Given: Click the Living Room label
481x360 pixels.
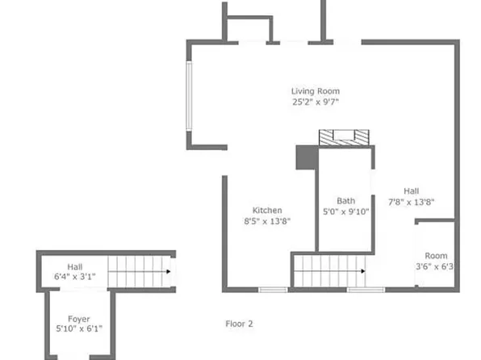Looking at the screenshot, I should pyautogui.click(x=316, y=91).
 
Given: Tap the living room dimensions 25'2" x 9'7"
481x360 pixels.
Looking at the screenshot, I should pyautogui.click(x=316, y=103).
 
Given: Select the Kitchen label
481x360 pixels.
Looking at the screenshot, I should pyautogui.click(x=266, y=210).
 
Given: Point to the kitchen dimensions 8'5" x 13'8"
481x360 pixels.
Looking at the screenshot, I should pyautogui.click(x=267, y=220).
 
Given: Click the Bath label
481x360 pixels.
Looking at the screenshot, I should pyautogui.click(x=345, y=201).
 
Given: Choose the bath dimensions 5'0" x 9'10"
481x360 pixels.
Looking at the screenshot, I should pyautogui.click(x=345, y=211).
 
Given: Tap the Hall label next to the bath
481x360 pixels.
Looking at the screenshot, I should pyautogui.click(x=412, y=191).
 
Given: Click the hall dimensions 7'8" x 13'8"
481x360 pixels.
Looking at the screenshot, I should pyautogui.click(x=412, y=202).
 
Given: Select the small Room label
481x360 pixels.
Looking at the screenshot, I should pyautogui.click(x=436, y=255).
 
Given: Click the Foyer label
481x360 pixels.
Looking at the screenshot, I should pyautogui.click(x=78, y=319).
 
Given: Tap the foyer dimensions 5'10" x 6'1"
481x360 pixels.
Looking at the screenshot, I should pyautogui.click(x=78, y=329).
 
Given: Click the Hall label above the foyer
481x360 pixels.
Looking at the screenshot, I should pyautogui.click(x=74, y=266).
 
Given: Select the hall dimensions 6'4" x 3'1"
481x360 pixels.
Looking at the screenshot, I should pyautogui.click(x=74, y=277).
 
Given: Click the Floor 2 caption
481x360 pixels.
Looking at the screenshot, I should pyautogui.click(x=238, y=324).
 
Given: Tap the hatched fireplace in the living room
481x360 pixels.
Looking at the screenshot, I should pyautogui.click(x=344, y=138).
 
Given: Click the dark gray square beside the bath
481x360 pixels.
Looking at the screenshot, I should pyautogui.click(x=306, y=158).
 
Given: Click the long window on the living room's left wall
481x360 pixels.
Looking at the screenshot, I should pyautogui.click(x=189, y=94).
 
